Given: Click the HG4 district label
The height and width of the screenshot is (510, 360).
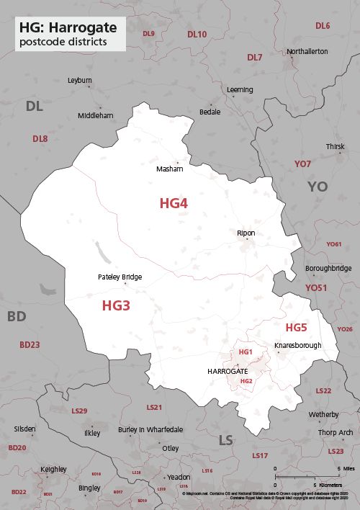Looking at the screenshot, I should [174, 204].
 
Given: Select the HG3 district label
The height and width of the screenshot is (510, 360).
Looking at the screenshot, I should [116, 305].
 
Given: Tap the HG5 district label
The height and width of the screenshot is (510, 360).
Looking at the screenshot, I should [296, 328].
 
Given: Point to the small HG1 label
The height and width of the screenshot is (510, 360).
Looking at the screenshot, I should [246, 352].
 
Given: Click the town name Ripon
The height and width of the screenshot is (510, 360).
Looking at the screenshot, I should [246, 233].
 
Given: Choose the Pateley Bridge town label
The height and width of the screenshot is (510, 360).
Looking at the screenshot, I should [120, 277].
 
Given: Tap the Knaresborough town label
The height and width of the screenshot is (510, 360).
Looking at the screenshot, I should [297, 346].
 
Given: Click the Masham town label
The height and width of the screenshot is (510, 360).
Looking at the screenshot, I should [170, 169].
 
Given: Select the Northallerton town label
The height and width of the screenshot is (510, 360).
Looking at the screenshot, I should [307, 52].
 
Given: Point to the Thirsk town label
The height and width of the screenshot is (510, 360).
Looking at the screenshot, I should [335, 146].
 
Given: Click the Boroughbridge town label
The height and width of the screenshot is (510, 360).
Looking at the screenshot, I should [328, 268].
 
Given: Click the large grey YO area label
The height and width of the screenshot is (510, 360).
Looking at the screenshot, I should [318, 187].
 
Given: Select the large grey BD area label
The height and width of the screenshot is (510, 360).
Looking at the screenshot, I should [16, 316].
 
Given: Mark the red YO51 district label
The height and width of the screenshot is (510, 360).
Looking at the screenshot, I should [315, 287].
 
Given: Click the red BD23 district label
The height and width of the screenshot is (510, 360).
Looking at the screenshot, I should [30, 345].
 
